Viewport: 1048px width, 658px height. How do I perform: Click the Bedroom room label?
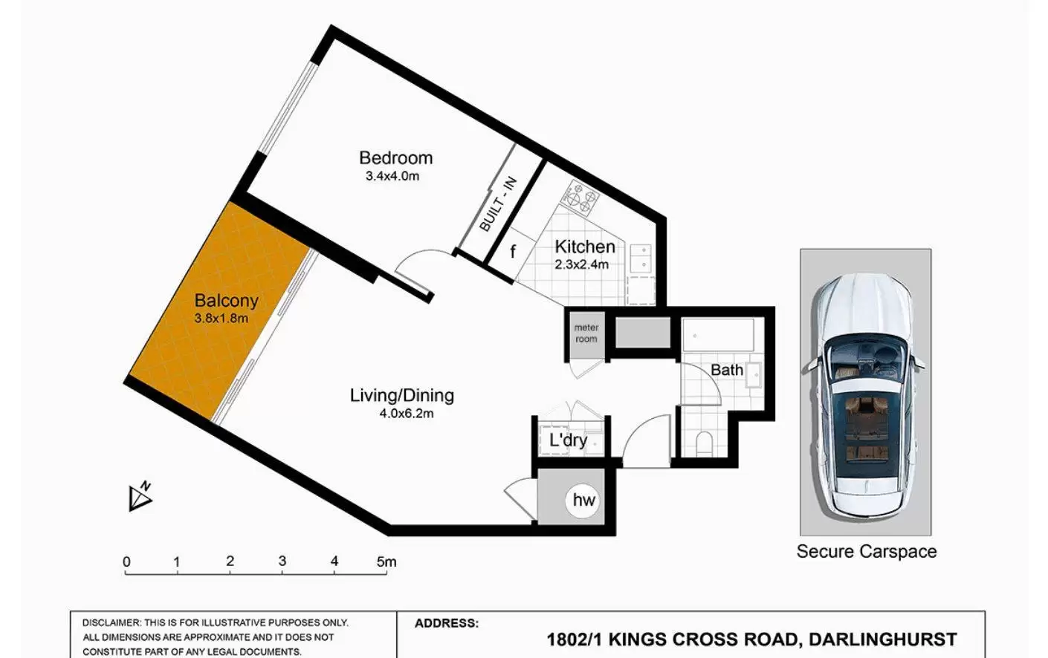[396, 158]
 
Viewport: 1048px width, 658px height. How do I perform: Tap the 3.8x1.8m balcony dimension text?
[221, 319]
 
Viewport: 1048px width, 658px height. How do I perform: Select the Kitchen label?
[585, 247]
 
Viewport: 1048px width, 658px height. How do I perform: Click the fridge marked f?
[513, 252]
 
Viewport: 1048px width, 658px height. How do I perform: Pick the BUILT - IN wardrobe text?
[499, 204]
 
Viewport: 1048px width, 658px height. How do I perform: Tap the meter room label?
[586, 333]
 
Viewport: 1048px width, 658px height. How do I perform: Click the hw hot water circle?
[583, 500]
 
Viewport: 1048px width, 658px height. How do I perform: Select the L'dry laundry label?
[568, 440]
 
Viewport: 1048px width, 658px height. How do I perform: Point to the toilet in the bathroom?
[704, 443]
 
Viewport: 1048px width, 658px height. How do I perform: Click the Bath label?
[727, 370]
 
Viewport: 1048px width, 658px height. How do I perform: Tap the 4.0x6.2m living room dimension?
[407, 414]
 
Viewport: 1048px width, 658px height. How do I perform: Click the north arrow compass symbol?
[140, 497]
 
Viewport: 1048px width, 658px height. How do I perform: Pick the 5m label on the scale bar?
[386, 561]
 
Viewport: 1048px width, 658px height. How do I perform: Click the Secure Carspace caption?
[867, 552]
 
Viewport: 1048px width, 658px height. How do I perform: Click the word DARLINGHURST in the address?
[883, 639]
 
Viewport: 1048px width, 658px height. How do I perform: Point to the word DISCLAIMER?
[111, 623]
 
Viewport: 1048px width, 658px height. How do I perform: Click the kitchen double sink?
[641, 258]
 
